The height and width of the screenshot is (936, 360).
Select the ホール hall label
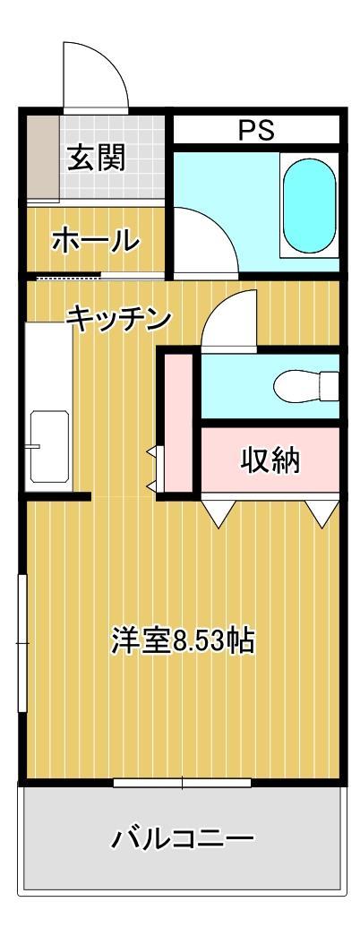96,239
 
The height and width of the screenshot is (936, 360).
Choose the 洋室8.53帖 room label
183,640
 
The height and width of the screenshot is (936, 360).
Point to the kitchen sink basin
48,446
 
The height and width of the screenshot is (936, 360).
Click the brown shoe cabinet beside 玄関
40,158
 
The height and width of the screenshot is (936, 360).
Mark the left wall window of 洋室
22,643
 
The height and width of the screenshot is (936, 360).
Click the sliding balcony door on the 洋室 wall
182,783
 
